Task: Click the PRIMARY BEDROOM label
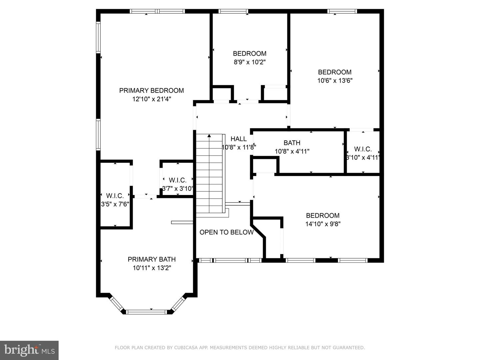pos(151,90)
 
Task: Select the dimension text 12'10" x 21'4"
pos(151,99)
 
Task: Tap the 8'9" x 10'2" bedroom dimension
pos(249,62)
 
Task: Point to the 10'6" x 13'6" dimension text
pos(335,81)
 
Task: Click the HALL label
pos(239,139)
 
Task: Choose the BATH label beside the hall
pos(292,143)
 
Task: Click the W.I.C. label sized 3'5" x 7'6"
pos(115,196)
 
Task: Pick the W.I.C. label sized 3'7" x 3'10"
pos(177,180)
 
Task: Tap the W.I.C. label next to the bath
pos(363,149)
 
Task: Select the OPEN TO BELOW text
pos(226,232)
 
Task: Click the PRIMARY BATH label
pos(152,259)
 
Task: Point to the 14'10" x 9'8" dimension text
pos(323,224)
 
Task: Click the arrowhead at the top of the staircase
pos(209,136)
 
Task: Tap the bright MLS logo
pos(29,350)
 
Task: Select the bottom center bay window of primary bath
pos(147,312)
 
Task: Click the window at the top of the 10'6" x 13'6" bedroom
pos(342,11)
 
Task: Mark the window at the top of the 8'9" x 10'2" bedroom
pos(233,11)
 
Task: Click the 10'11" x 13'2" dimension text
pos(152,268)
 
